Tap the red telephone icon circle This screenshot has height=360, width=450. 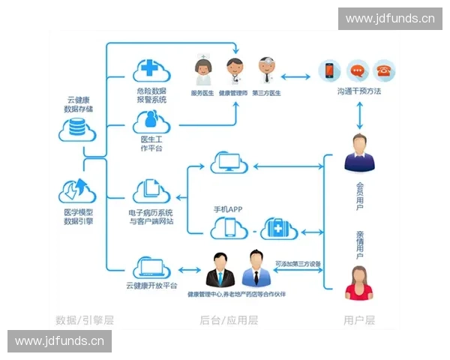point(384,71)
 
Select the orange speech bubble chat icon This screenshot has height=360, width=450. point(357,71)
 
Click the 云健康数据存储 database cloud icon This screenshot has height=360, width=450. point(77,128)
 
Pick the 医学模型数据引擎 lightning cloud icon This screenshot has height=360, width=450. point(77,190)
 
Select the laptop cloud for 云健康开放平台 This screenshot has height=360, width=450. point(151,267)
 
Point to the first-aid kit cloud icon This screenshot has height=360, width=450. point(278,227)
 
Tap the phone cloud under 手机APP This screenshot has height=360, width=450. point(229,227)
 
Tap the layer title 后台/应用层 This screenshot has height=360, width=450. point(228,320)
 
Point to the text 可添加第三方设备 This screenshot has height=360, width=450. point(298,263)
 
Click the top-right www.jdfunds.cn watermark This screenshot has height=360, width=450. point(389,18)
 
